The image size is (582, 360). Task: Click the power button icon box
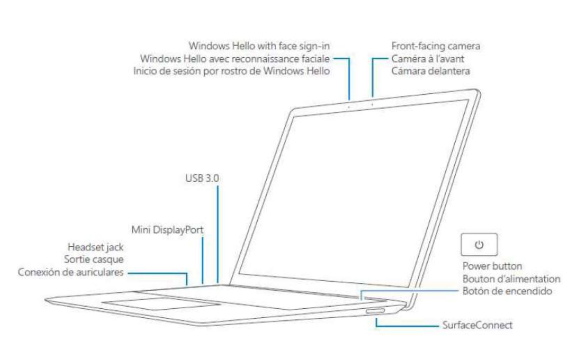pos(479,244)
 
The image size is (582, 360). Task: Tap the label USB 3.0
pos(202,178)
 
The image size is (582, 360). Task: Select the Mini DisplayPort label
pos(167,230)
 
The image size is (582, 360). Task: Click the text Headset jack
pos(95,247)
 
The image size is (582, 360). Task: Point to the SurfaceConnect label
pos(477,325)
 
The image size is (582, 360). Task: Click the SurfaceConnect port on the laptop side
pos(375,310)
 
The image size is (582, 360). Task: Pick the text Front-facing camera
pos(436,46)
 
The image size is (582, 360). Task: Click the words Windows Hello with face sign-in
pos(259,46)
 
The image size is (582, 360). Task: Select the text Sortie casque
pos(94,259)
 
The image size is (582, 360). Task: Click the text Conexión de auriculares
pos(71,272)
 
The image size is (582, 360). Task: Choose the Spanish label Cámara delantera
pos(431,71)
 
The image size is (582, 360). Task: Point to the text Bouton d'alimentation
pos(511,279)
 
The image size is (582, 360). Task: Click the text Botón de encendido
pos(507,291)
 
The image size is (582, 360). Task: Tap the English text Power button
pos(492,266)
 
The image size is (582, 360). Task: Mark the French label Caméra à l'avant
pos(428,59)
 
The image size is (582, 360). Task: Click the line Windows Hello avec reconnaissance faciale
pos(235,59)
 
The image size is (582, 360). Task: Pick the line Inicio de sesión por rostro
pos(231,71)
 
